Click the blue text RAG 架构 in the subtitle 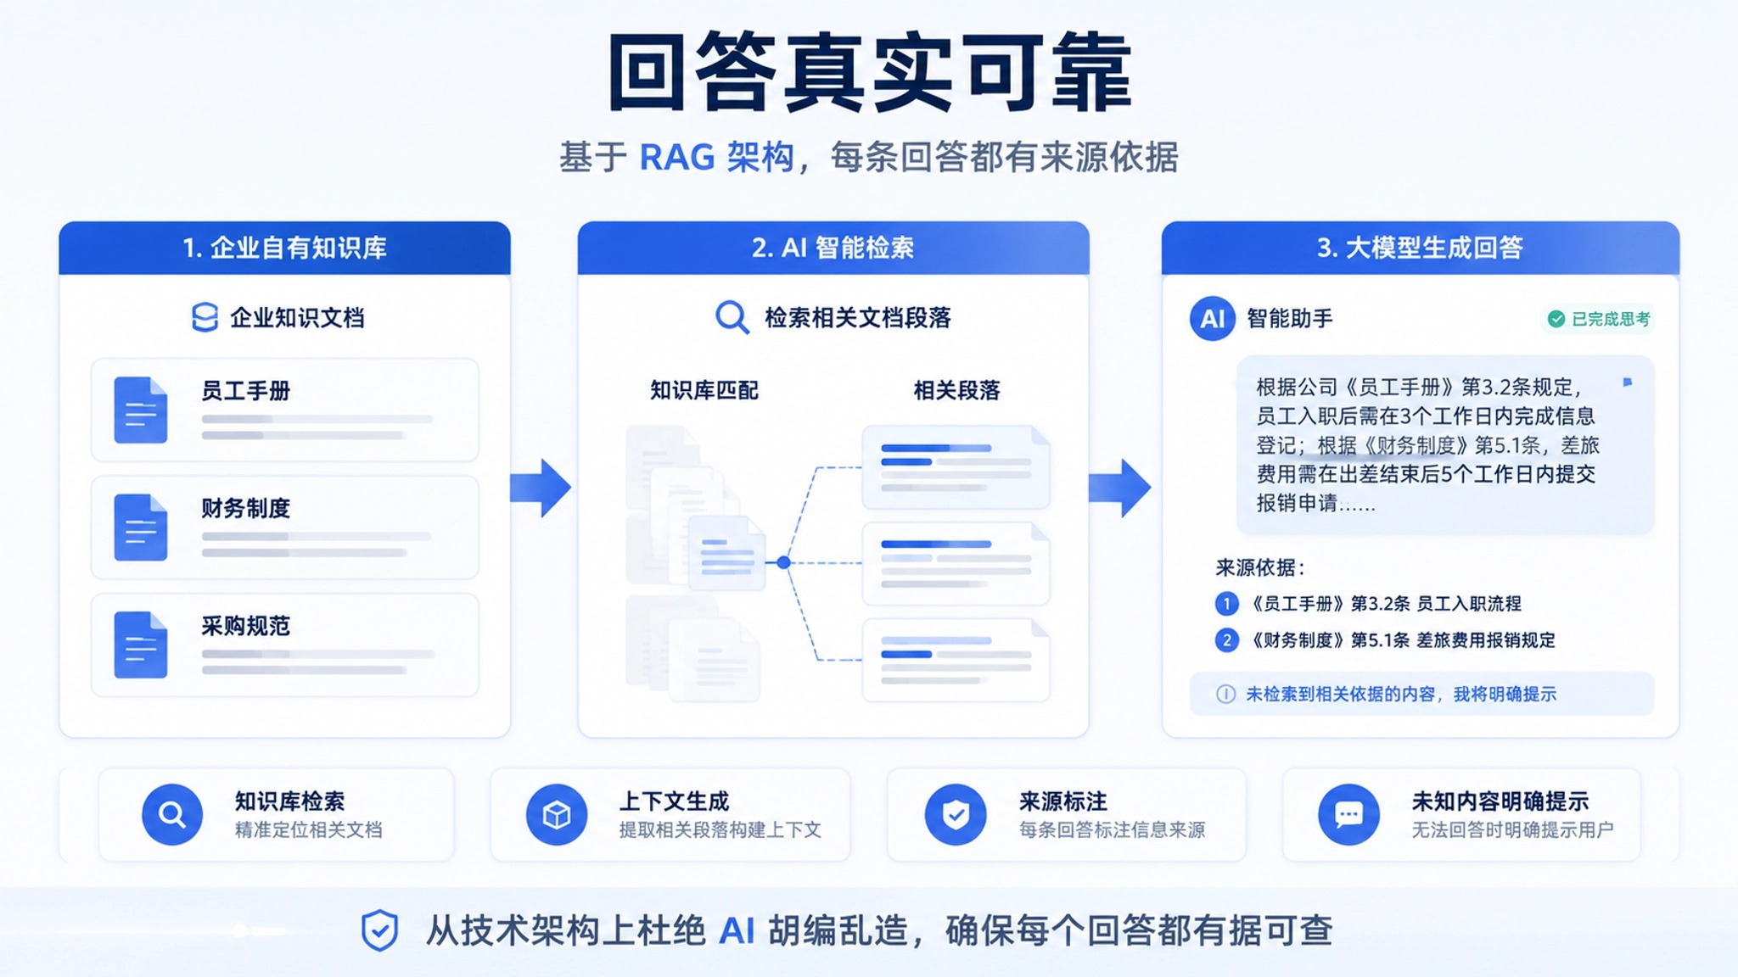716,157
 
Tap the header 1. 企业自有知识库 284,248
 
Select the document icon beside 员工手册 141,410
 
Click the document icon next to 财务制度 141,527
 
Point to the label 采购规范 245,626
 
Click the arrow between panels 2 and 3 1120,488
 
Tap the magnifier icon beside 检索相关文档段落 732,318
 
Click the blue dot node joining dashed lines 783,562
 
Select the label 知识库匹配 704,390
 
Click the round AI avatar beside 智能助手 1212,319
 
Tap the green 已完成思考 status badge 1599,319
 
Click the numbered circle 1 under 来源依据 1226,604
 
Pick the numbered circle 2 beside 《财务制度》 1226,640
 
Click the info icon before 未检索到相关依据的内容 1225,694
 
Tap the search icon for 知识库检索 172,815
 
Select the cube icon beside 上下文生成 557,815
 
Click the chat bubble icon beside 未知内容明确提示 1348,815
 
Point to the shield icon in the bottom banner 379,930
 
